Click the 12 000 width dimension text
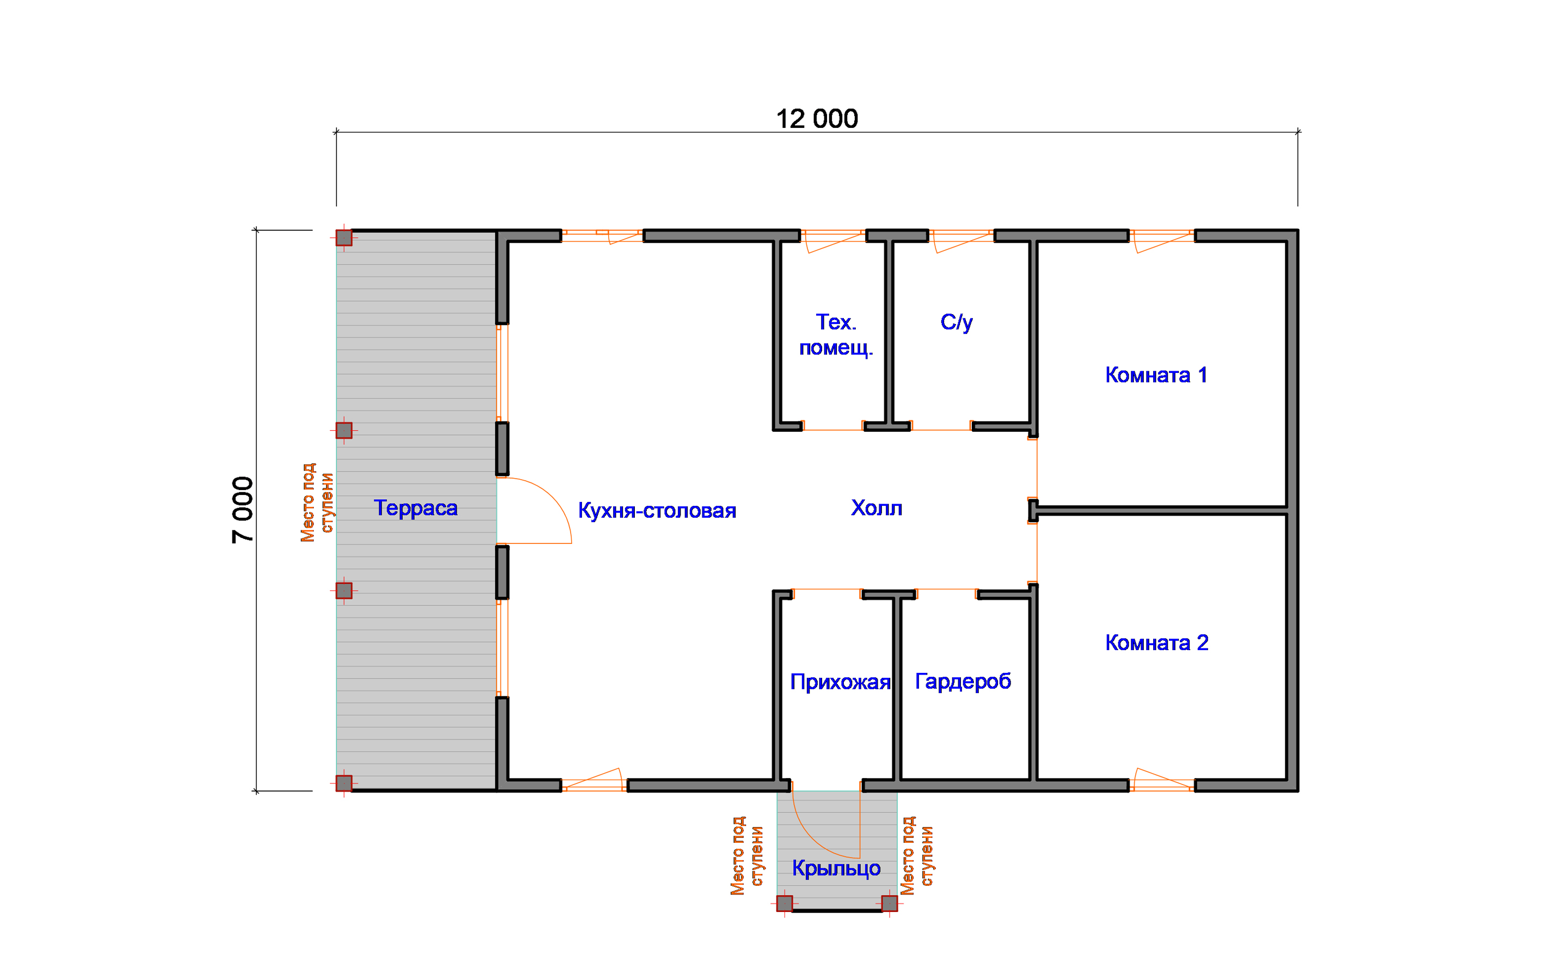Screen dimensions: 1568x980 tap(817, 119)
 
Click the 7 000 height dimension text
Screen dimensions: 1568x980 tap(243, 510)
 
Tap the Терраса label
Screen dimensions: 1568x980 tap(415, 507)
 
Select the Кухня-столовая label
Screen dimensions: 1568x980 tap(657, 511)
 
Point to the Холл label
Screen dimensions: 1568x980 tap(876, 507)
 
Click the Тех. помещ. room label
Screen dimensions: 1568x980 tap(836, 334)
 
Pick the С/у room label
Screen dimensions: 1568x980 tap(957, 322)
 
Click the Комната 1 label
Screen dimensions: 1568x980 tap(1156, 375)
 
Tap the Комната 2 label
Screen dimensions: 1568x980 tap(1156, 642)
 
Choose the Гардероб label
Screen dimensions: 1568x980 tap(963, 681)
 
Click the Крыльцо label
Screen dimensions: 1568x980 tap(836, 868)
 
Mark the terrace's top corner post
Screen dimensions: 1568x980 tap(344, 238)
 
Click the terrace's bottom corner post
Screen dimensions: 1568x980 tap(344, 783)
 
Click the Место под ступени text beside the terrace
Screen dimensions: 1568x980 tap(316, 503)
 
